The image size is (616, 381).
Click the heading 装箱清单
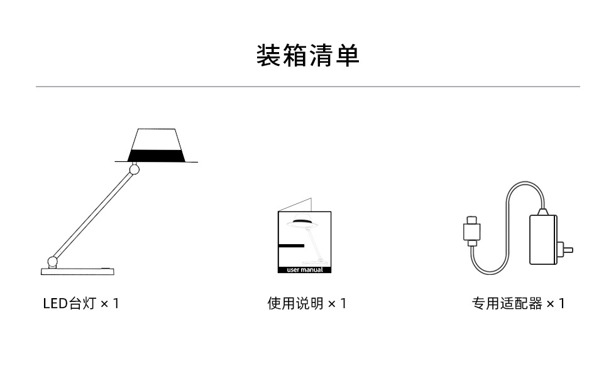(307, 55)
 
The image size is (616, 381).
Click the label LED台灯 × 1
(80, 304)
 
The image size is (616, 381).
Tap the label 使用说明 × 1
(307, 304)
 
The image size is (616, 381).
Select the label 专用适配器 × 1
(518, 304)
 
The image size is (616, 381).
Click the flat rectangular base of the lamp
(78, 271)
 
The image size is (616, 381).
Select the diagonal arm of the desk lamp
(93, 215)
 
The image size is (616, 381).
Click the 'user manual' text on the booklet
(304, 270)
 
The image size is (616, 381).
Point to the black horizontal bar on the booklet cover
(290, 245)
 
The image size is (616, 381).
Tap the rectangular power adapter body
(543, 239)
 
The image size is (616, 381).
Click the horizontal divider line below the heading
(307, 87)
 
